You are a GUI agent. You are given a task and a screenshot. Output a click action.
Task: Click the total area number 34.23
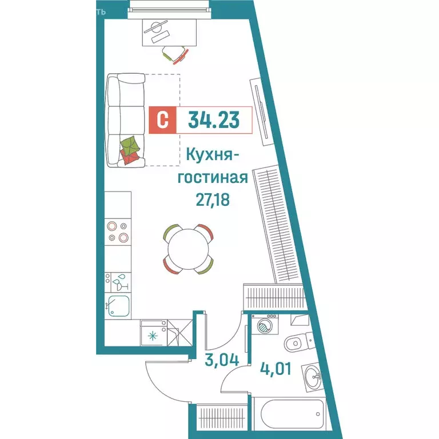point(213,120)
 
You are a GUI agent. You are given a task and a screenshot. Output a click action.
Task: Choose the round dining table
point(189,250)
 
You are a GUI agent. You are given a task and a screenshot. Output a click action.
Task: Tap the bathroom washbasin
point(312,377)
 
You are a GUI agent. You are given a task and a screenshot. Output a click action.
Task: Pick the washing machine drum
point(264,326)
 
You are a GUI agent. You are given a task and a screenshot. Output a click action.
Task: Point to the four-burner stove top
point(118,231)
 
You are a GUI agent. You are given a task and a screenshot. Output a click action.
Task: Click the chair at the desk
point(174,55)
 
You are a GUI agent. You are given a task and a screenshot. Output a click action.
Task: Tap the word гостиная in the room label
point(213,177)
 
